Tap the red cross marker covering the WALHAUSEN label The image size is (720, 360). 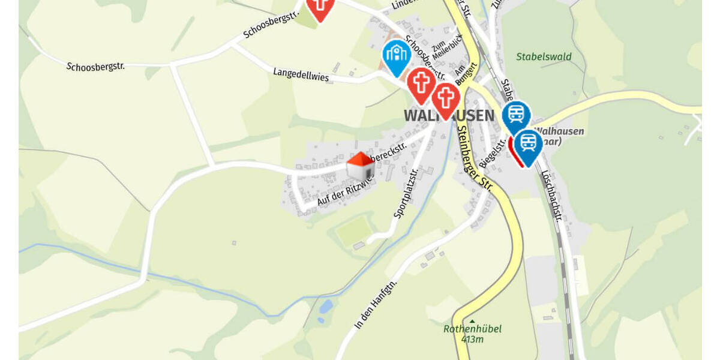click(x=445, y=100)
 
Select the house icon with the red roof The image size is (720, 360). click(x=360, y=166)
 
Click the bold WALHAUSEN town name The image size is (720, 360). click(x=449, y=115)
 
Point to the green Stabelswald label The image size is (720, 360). click(x=544, y=57)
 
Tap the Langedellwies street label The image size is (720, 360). click(x=301, y=74)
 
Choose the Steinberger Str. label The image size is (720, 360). click(x=474, y=157)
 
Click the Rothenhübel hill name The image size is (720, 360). click(x=472, y=329)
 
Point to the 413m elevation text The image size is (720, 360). click(x=472, y=340)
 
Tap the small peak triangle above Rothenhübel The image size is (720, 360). click(x=472, y=321)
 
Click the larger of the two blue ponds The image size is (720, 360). click(x=326, y=307)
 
